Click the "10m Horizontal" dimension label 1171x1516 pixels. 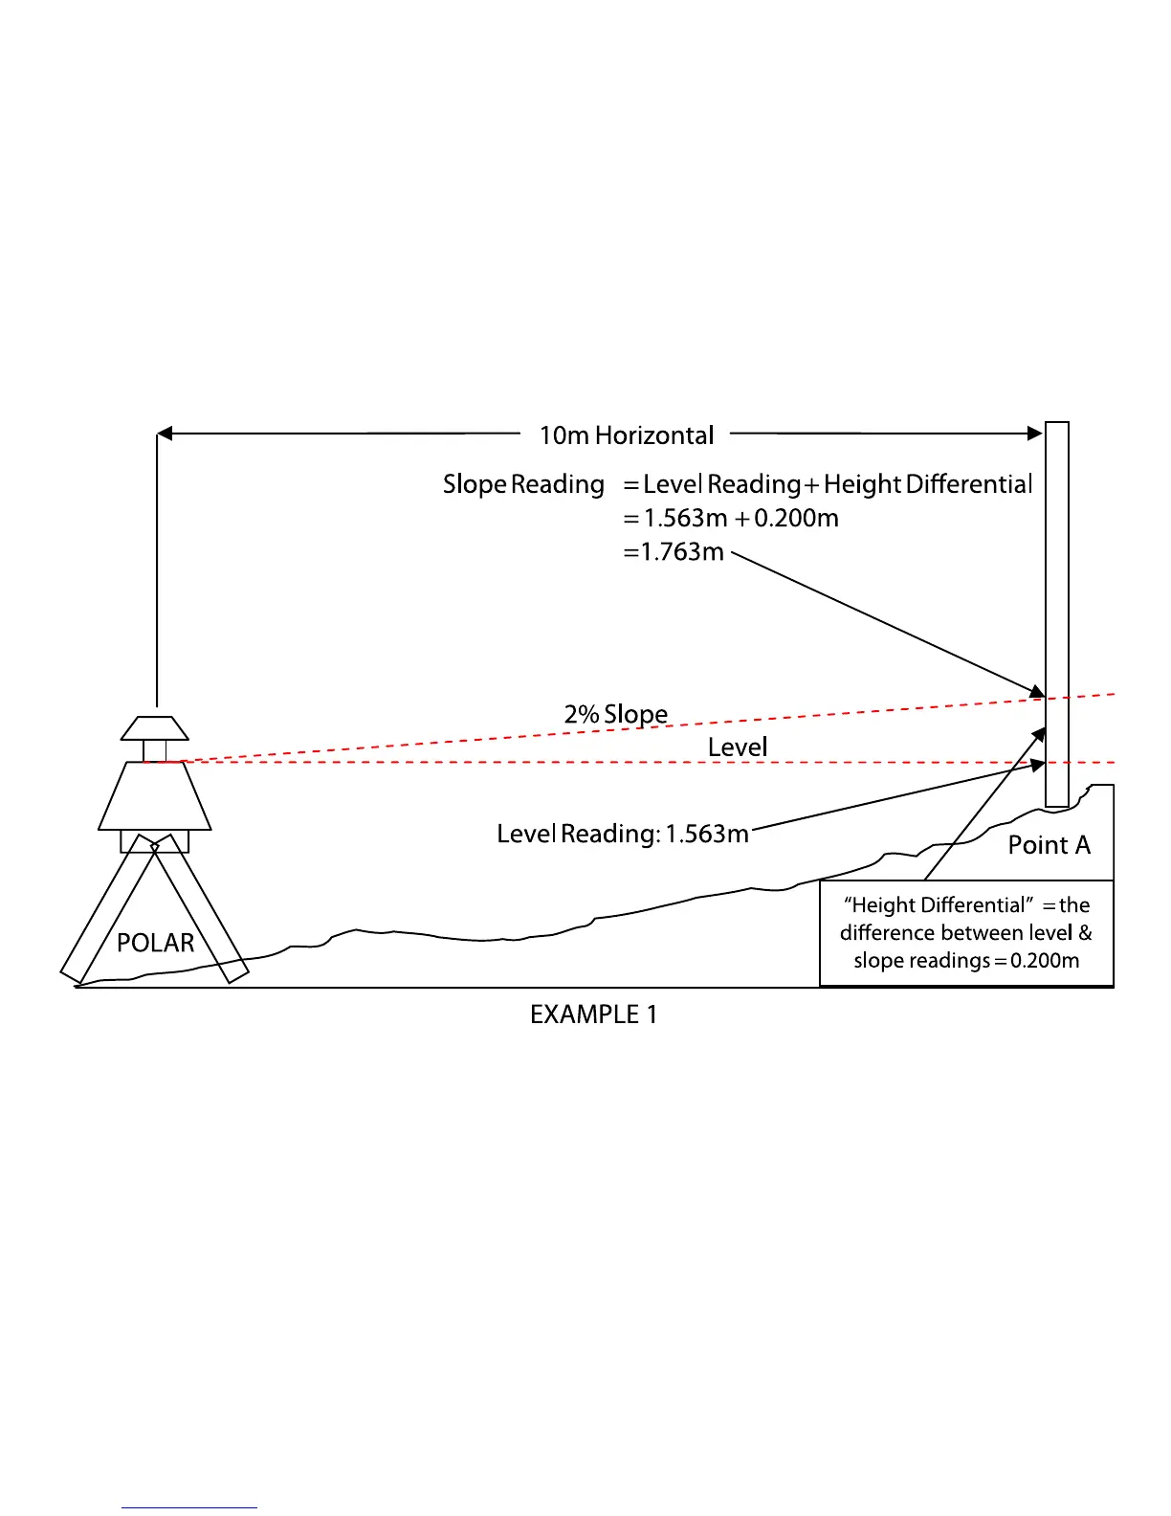(x=627, y=435)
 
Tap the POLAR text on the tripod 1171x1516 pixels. (x=155, y=944)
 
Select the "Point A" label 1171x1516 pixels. (x=1049, y=845)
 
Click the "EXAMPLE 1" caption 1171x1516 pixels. (x=593, y=1014)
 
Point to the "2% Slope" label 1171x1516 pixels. (x=615, y=714)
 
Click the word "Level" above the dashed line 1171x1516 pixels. (x=738, y=747)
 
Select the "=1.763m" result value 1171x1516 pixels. (x=674, y=552)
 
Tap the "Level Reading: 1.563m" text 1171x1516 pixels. (x=622, y=834)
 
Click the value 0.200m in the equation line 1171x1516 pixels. (x=796, y=519)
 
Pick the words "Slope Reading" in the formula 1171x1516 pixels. (x=523, y=484)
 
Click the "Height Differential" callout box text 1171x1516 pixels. (x=966, y=933)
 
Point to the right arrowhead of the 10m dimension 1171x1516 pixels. (x=1035, y=434)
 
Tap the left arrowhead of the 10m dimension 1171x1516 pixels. (x=165, y=434)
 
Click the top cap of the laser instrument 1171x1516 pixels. (x=154, y=728)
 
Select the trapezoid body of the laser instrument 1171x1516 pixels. (x=154, y=796)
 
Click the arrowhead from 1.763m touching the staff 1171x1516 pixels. (x=1037, y=692)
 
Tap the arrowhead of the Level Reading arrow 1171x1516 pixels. (x=1036, y=765)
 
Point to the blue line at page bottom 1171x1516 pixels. (x=188, y=1507)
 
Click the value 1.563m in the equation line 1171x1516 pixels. (x=685, y=519)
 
